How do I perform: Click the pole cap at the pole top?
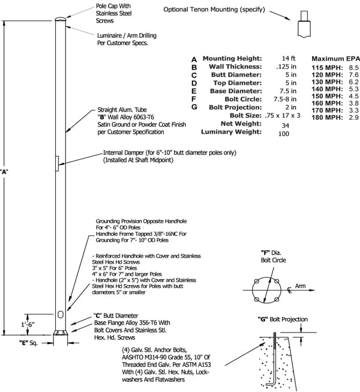pyautogui.click(x=61, y=19)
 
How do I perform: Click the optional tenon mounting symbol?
pyautogui.click(x=304, y=24)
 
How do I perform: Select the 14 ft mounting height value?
pyautogui.click(x=289, y=58)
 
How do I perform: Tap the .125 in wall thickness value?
pyautogui.click(x=286, y=67)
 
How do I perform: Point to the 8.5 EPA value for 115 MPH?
pyautogui.click(x=354, y=67)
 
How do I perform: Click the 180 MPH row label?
pyautogui.click(x=327, y=117)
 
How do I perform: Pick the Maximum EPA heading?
pyautogui.click(x=335, y=59)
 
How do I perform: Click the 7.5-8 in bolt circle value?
pyautogui.click(x=285, y=99)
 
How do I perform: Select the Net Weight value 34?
pyautogui.click(x=286, y=125)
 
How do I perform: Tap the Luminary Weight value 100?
pyautogui.click(x=284, y=134)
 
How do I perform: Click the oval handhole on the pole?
pyautogui.click(x=61, y=315)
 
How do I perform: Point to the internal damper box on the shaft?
pyautogui.click(x=57, y=164)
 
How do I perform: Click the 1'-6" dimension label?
pyautogui.click(x=28, y=325)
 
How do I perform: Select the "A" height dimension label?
pyautogui.click(x=4, y=172)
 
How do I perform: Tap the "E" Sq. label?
pyautogui.click(x=28, y=343)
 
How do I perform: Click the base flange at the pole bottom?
pyautogui.click(x=61, y=333)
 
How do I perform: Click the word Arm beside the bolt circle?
pyautogui.click(x=300, y=286)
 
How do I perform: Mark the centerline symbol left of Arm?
pyautogui.click(x=289, y=290)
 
